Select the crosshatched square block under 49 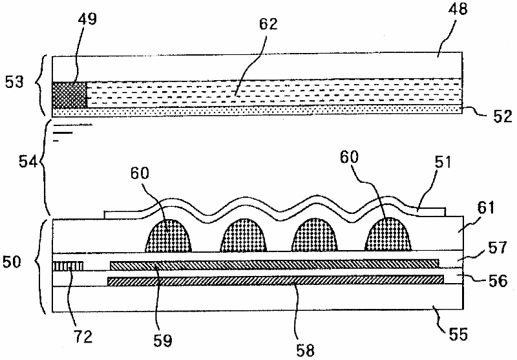pyautogui.click(x=69, y=94)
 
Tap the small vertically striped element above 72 pyautogui.click(x=68, y=265)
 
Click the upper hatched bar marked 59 pyautogui.click(x=274, y=264)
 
